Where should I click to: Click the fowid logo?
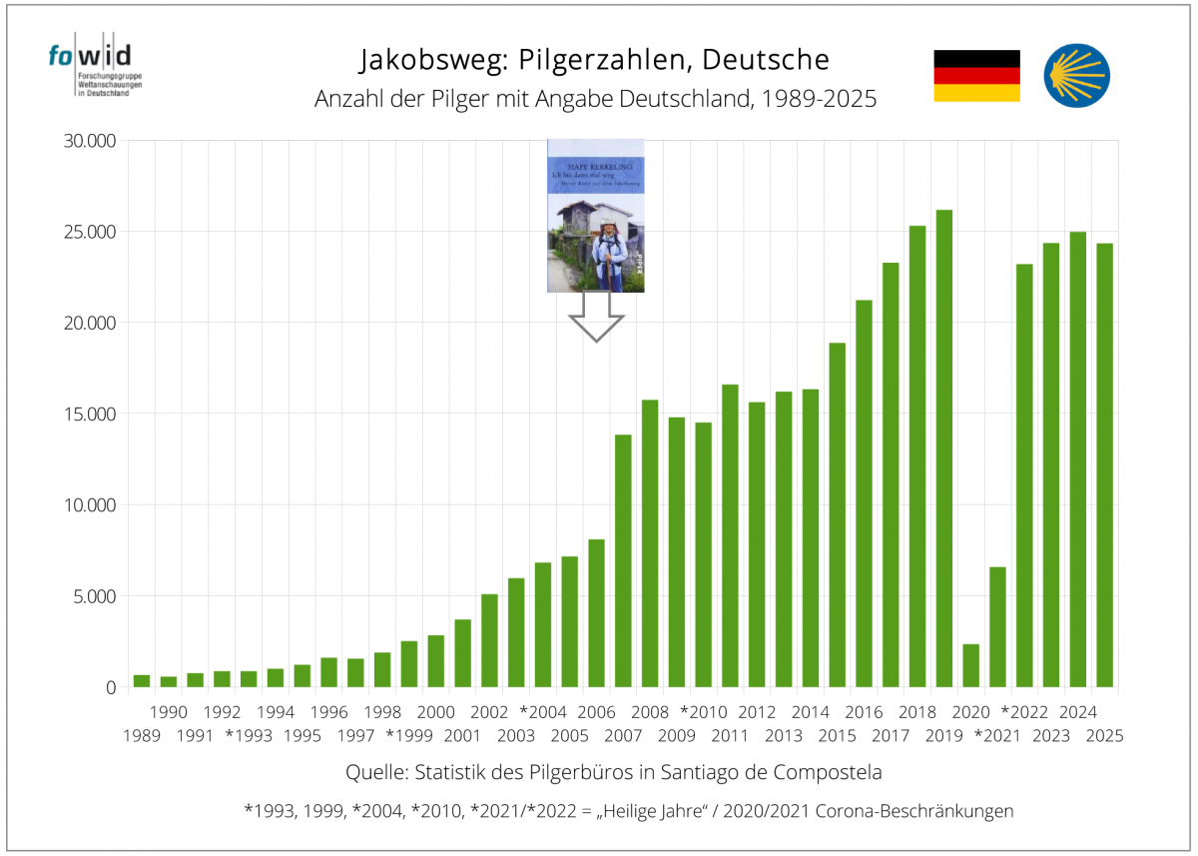89,68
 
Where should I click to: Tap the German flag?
976,76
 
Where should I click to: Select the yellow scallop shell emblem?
1077,76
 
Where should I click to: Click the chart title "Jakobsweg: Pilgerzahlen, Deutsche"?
594,60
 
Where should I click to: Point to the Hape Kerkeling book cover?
596,215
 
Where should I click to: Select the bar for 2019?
943,448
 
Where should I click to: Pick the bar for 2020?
970,665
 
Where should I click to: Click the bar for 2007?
623,560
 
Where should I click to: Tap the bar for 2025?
1104,465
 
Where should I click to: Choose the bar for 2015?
837,514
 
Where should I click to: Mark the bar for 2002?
489,640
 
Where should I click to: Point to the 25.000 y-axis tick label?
89,232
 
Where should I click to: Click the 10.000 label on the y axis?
89,505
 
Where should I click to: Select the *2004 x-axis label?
543,712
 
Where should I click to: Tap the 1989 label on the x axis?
142,735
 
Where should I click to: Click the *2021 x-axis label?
996,735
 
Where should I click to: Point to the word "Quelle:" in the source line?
375,773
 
